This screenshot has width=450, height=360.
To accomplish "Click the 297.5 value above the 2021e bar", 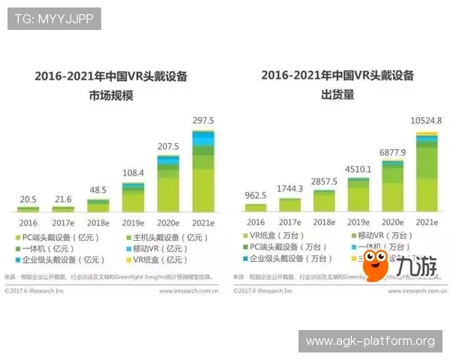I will pyautogui.click(x=202, y=120).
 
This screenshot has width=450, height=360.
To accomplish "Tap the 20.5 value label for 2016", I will pyautogui.click(x=28, y=198).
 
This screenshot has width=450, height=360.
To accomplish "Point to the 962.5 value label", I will pyautogui.click(x=256, y=195).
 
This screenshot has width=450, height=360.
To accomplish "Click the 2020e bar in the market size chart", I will pyautogui.click(x=168, y=183).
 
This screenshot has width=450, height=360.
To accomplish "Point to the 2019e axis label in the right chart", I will pyautogui.click(x=358, y=223).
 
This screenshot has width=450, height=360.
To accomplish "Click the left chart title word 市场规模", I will pyautogui.click(x=110, y=96).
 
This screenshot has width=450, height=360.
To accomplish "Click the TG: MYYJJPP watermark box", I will pyautogui.click(x=54, y=18).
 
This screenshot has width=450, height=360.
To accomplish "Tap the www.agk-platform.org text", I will pyautogui.click(x=370, y=341).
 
